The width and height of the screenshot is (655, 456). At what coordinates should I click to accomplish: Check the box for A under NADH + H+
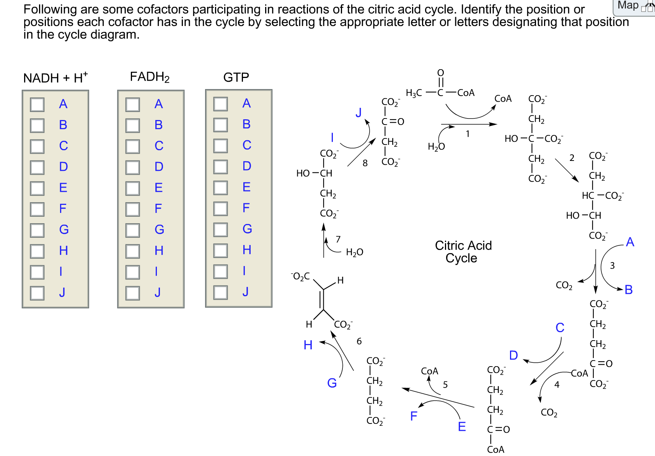tap(37, 104)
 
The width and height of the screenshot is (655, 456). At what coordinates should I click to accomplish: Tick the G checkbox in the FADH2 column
tap(133, 230)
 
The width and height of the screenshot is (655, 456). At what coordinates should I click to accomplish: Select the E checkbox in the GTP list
tap(220, 188)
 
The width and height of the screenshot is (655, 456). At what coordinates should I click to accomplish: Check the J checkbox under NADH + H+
tap(37, 293)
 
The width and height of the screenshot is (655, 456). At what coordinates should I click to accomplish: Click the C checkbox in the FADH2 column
tap(133, 146)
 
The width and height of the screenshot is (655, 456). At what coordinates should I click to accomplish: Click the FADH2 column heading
tap(150, 77)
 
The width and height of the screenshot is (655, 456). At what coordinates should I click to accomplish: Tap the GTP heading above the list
tap(236, 78)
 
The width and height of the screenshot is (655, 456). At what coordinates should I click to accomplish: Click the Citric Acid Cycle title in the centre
tap(463, 252)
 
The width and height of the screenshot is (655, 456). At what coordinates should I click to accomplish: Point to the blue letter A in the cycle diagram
tap(630, 242)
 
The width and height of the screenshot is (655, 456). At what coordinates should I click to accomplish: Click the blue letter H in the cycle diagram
tap(308, 345)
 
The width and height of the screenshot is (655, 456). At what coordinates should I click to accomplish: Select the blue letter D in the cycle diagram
tap(513, 355)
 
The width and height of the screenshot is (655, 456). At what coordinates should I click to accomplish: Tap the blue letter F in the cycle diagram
tap(414, 416)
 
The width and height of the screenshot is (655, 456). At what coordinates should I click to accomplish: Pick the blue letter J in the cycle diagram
tap(358, 112)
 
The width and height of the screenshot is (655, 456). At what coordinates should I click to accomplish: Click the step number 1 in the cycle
tap(468, 134)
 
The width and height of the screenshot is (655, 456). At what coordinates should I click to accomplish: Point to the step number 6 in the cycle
tap(359, 341)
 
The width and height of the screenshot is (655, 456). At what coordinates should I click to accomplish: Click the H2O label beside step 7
tap(354, 252)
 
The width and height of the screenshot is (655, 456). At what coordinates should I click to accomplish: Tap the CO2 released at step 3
tap(564, 286)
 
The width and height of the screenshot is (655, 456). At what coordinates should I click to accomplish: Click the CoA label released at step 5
tap(429, 371)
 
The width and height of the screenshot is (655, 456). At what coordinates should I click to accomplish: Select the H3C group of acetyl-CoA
tap(414, 93)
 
